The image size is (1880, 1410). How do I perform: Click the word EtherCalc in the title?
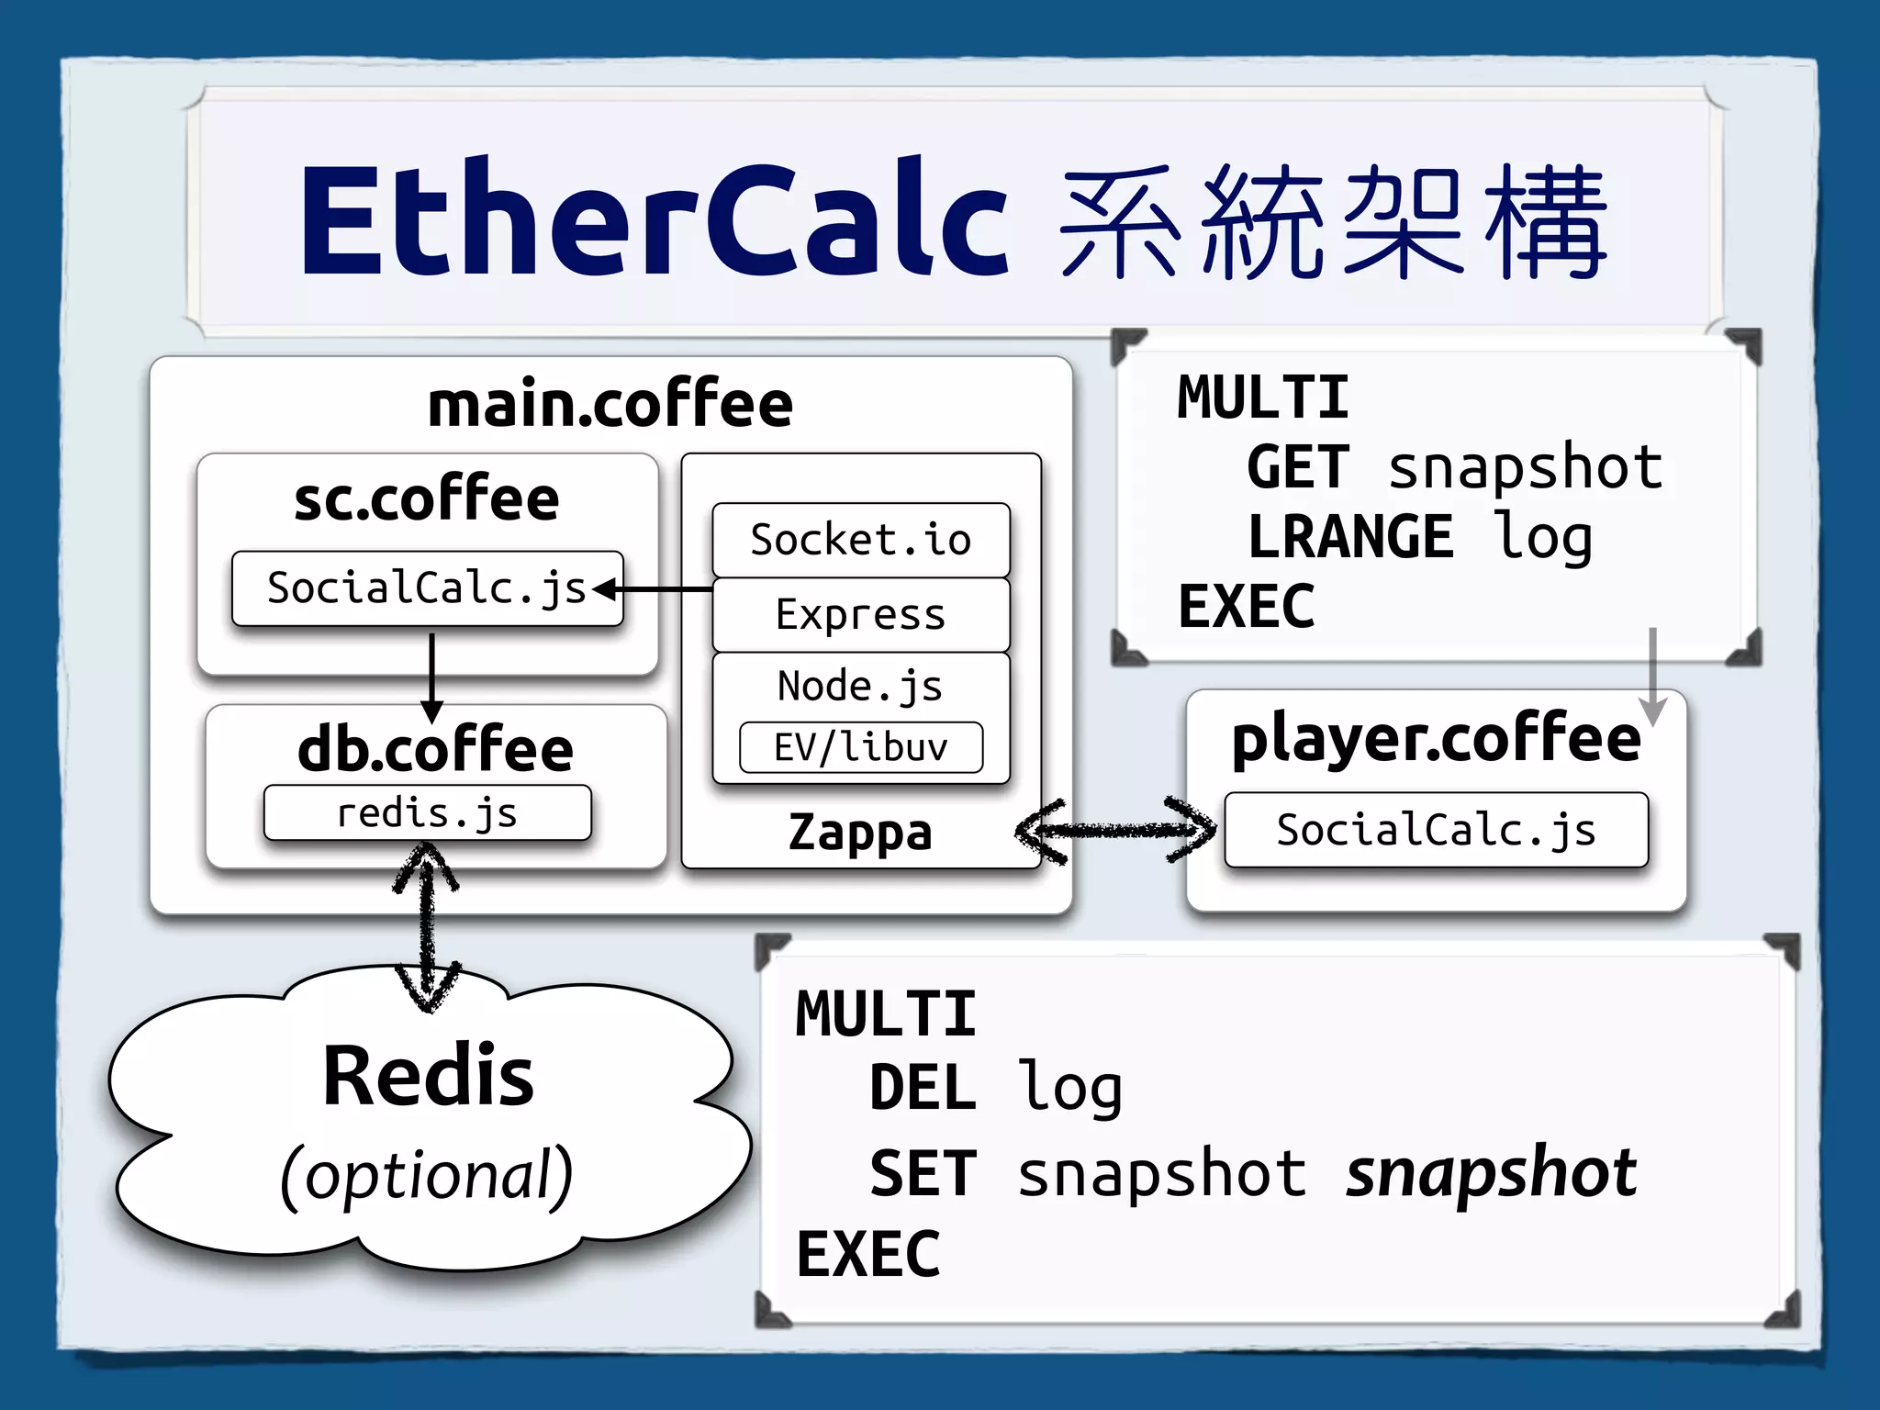(x=654, y=220)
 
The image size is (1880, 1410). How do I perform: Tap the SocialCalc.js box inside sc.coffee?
(x=427, y=588)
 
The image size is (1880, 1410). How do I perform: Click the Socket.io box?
(x=860, y=540)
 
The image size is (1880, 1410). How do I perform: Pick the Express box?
(x=860, y=614)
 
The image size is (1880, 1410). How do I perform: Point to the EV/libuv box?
(x=860, y=747)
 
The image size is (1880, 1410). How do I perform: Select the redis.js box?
(x=427, y=813)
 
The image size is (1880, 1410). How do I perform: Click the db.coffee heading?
(x=435, y=748)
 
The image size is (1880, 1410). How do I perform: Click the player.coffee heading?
(x=1436, y=739)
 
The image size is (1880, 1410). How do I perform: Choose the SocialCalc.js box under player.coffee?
(x=1436, y=830)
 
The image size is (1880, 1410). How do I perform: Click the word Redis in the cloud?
(x=428, y=1076)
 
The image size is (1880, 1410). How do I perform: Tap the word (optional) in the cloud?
(x=427, y=1175)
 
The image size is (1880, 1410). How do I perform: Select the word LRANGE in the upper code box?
(x=1350, y=537)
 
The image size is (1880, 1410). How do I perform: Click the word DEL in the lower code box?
(x=923, y=1089)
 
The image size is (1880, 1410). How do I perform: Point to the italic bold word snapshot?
(x=1491, y=1173)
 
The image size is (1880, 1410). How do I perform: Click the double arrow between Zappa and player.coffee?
(x=1115, y=831)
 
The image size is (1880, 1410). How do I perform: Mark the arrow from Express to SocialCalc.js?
(x=654, y=588)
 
